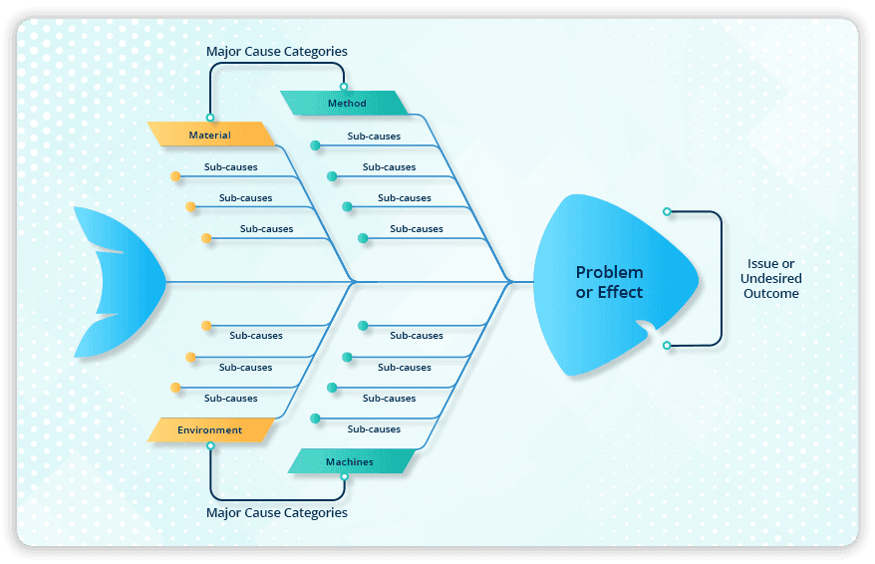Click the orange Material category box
[x=210, y=135]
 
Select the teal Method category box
[x=345, y=104]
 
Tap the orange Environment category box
[x=210, y=430]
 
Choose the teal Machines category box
[x=350, y=461]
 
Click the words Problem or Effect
[x=609, y=282]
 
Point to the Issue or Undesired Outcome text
[x=770, y=279]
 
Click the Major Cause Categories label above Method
[x=276, y=51]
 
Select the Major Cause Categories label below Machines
[x=276, y=513]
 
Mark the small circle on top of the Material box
[x=209, y=118]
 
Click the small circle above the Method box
[x=344, y=87]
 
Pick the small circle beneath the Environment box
[x=209, y=446]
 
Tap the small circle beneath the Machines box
[x=344, y=477]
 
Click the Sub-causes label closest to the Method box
[x=374, y=136]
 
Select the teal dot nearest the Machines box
[x=315, y=419]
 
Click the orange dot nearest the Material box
[x=175, y=176]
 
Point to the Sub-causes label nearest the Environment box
[x=230, y=399]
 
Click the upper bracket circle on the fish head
[x=667, y=211]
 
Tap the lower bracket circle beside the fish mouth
[x=667, y=346]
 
